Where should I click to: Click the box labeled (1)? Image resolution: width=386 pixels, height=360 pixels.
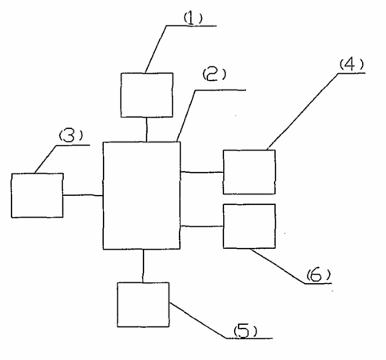(147, 95)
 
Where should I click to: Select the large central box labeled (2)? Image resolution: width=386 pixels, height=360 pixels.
(141, 195)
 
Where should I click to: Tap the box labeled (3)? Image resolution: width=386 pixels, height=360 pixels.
(38, 195)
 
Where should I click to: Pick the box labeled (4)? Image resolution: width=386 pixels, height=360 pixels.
(249, 172)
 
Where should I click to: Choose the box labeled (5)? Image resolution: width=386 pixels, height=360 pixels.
(143, 305)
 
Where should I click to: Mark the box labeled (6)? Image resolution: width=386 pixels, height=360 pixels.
(249, 226)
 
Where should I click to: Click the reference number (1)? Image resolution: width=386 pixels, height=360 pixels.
(193, 18)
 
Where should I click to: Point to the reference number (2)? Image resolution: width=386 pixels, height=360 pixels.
(214, 74)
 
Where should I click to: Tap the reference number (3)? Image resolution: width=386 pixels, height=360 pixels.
(70, 136)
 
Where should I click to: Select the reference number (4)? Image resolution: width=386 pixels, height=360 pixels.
(352, 64)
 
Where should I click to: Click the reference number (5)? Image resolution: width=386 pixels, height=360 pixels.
(245, 330)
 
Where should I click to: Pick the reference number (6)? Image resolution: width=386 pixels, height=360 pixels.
(318, 275)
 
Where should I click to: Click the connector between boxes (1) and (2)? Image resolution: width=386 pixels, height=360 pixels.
(146, 130)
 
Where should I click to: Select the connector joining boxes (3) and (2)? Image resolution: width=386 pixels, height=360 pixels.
(83, 195)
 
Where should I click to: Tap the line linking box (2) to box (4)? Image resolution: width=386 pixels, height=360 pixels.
(201, 172)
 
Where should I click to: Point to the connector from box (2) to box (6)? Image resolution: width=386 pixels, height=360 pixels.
(201, 226)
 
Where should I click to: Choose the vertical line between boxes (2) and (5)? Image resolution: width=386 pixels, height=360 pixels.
(143, 266)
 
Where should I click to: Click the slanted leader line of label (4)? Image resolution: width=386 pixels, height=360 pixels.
(303, 110)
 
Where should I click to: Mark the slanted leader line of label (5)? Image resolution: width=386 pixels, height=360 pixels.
(198, 321)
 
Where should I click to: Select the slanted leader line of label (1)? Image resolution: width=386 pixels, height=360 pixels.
(156, 50)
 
